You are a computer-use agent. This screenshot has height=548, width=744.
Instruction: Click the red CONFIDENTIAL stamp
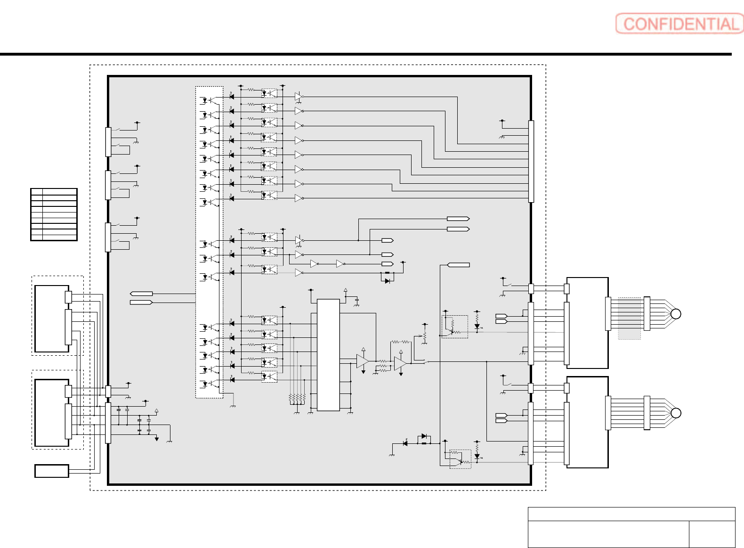point(679,24)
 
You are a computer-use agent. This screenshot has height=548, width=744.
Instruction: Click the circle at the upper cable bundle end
point(676,314)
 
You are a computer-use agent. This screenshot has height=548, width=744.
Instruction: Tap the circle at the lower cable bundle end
point(676,413)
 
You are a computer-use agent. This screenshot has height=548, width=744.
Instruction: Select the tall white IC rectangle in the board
point(328,355)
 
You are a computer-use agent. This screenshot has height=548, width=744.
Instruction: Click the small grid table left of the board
point(54,214)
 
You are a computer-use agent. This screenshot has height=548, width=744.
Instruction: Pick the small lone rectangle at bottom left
point(52,471)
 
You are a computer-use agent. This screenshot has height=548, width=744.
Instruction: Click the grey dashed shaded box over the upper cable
point(629,318)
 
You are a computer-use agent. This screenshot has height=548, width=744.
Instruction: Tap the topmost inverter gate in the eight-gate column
point(299,97)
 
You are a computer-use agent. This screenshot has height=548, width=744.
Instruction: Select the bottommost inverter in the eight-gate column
point(299,198)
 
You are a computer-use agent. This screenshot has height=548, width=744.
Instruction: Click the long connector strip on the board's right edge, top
point(531,161)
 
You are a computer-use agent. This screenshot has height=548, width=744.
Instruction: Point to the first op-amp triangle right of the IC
point(362,361)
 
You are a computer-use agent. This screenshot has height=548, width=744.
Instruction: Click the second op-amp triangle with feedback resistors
point(400,363)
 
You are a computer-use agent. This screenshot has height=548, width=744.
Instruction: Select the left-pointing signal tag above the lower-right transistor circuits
point(458,265)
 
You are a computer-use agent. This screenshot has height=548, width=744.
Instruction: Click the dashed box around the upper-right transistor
point(455,327)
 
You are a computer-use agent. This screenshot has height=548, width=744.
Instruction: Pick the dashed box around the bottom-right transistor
point(460,459)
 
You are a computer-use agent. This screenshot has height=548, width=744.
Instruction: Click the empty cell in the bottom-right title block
point(712,534)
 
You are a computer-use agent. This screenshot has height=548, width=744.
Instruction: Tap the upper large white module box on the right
point(587,323)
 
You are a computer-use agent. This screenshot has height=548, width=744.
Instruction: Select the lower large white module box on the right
point(587,422)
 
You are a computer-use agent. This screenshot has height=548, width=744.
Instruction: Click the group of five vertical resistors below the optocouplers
point(297,398)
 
